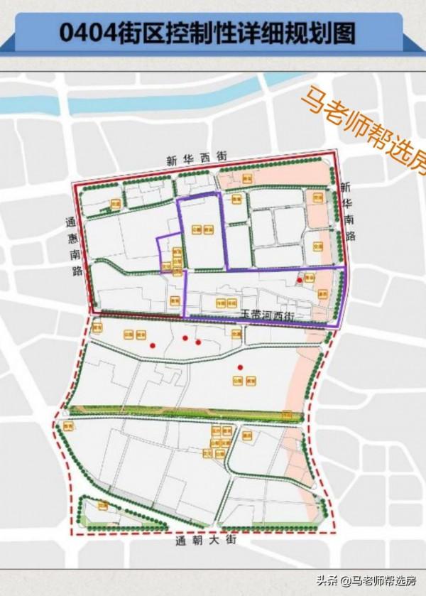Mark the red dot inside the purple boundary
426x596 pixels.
click(300, 280)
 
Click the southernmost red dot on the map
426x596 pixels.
click(241, 367)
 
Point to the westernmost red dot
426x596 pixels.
click(153, 345)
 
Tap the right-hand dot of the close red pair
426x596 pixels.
click(198, 342)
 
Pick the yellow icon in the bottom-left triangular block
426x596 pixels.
click(103, 506)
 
